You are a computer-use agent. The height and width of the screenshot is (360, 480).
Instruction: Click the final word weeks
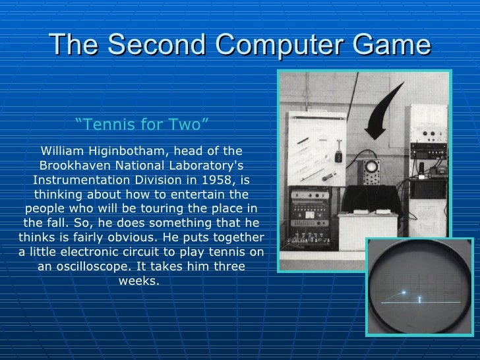[138, 281]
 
